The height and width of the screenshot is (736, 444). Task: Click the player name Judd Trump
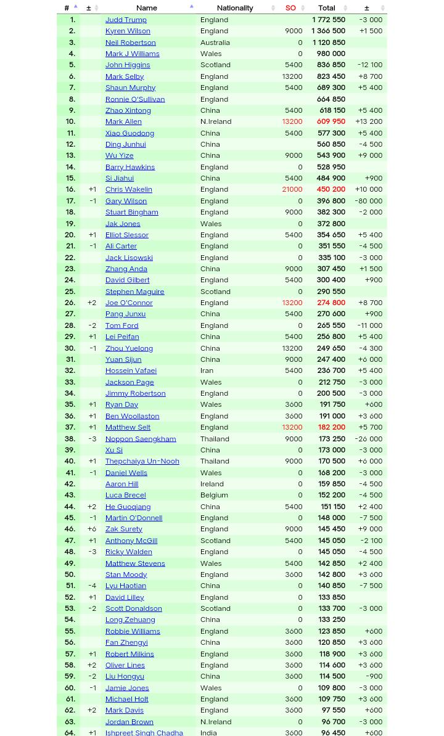click(x=126, y=19)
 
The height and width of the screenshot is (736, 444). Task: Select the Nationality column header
click(x=234, y=7)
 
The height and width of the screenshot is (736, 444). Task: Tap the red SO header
click(x=290, y=7)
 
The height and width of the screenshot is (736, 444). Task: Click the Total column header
click(x=326, y=7)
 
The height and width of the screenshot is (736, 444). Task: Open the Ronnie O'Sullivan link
click(x=134, y=99)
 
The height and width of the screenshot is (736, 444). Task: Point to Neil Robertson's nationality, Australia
click(x=215, y=42)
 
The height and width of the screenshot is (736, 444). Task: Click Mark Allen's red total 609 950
click(x=331, y=121)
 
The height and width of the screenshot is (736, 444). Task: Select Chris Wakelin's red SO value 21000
click(x=292, y=189)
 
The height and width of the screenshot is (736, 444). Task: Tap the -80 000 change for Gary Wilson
click(x=368, y=200)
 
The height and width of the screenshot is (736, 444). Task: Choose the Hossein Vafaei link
click(x=131, y=370)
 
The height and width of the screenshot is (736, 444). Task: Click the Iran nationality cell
click(x=207, y=370)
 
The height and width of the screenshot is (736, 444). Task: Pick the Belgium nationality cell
click(x=214, y=495)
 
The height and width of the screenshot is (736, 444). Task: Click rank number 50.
click(x=70, y=574)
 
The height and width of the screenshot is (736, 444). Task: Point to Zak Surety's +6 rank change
click(x=92, y=529)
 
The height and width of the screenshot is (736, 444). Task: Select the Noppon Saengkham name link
click(x=140, y=438)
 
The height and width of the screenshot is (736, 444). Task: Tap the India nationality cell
click(x=208, y=732)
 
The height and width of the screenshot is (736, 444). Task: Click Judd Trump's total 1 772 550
click(x=328, y=19)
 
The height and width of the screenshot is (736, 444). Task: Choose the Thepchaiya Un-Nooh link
click(x=142, y=461)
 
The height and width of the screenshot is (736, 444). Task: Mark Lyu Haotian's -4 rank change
click(x=92, y=586)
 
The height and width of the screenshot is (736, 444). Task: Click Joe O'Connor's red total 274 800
click(x=331, y=303)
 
